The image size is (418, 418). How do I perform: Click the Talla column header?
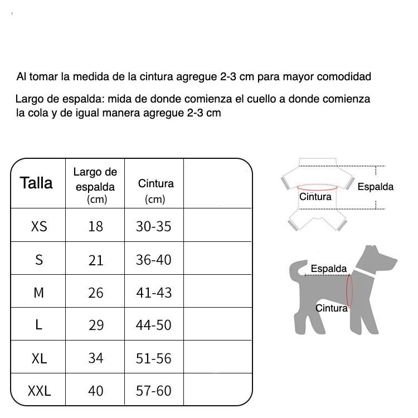[x=36, y=183]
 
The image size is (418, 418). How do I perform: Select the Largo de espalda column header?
[x=95, y=185]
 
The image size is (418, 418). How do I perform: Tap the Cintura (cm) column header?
[x=155, y=190]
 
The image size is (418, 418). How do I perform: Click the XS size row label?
[x=39, y=226]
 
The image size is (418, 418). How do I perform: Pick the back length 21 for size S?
[x=96, y=260]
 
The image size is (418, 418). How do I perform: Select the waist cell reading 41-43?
[x=154, y=293]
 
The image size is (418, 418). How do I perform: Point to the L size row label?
[x=38, y=325]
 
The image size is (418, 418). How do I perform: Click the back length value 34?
[x=96, y=358]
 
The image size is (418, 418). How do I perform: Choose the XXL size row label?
[x=39, y=391]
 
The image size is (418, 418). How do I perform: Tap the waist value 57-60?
[x=154, y=391]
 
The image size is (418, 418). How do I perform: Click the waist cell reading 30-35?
[x=154, y=226]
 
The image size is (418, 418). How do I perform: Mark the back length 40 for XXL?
[x=96, y=391]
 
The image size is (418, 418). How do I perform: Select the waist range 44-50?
[x=154, y=325]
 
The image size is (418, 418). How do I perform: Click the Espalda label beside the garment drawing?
[x=375, y=187]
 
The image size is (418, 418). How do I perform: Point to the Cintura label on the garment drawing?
[x=315, y=197]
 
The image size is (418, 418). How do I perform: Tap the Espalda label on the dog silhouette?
[x=329, y=269]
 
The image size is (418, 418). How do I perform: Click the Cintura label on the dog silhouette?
[x=332, y=308]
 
